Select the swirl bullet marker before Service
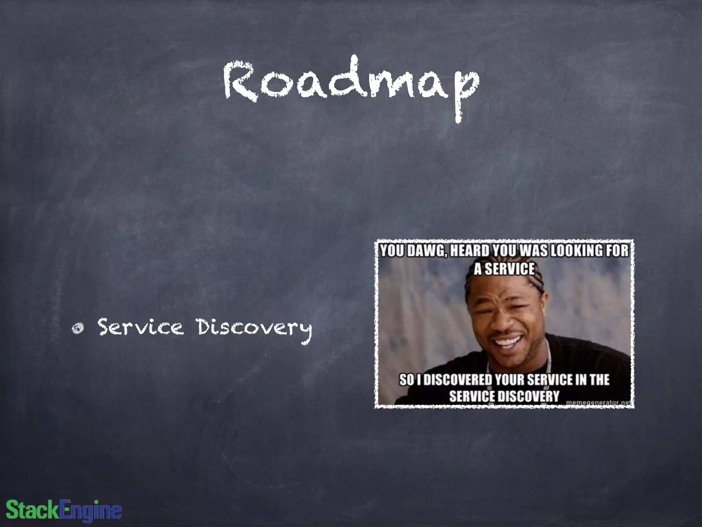78,328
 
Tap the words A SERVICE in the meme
504,269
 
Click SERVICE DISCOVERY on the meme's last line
504,396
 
